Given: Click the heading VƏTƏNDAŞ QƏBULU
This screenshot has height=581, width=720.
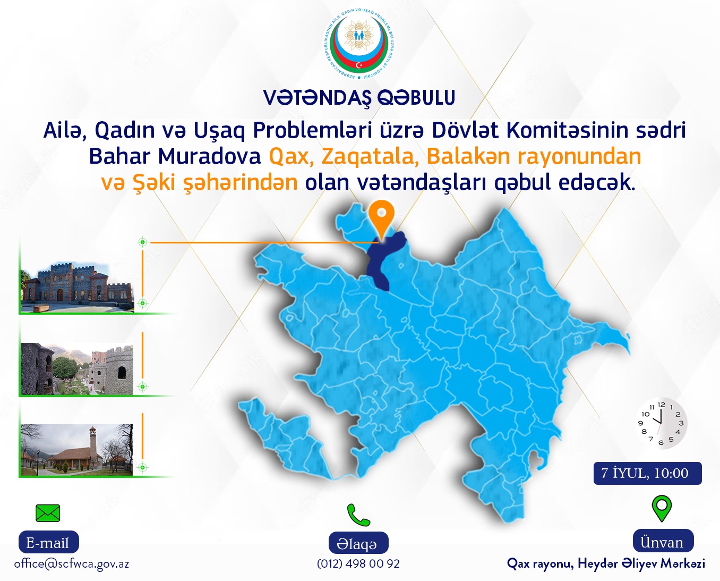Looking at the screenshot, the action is (359, 97).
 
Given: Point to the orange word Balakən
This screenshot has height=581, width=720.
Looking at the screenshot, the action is (469, 156).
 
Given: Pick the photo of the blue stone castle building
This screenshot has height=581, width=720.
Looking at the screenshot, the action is (78, 287).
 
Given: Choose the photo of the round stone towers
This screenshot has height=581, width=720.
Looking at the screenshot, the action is (77, 368).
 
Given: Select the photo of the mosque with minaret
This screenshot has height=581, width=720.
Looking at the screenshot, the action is (76, 450).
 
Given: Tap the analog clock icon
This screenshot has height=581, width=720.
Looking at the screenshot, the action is (661, 424).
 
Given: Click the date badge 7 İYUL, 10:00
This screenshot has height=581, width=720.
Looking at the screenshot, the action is (647, 473).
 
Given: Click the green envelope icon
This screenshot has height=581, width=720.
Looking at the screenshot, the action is (48, 513).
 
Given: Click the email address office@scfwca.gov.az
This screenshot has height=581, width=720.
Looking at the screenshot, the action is (72, 564).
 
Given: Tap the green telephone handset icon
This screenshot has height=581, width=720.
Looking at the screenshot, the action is (358, 515).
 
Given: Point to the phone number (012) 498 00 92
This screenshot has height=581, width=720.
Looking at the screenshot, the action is (358, 563).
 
